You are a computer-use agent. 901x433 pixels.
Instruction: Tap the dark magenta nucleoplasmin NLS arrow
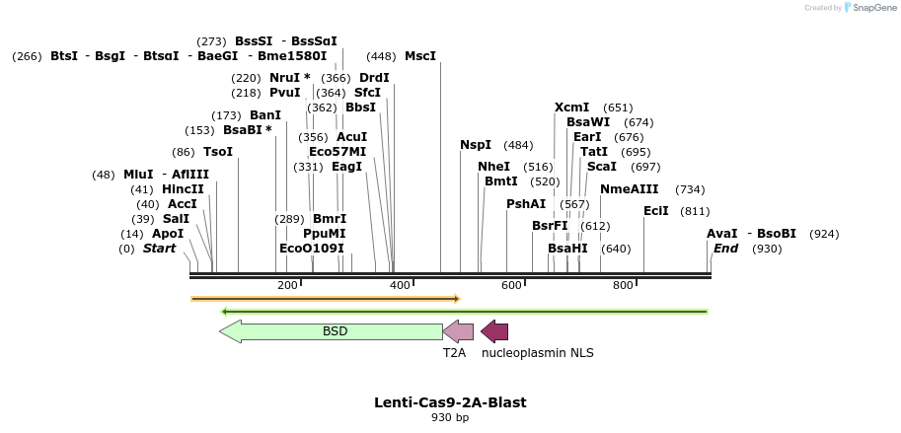click(x=494, y=331)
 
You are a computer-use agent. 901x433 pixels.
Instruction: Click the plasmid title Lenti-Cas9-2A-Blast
click(x=450, y=402)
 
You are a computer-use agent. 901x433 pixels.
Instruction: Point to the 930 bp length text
click(x=450, y=418)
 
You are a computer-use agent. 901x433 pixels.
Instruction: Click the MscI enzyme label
click(x=419, y=56)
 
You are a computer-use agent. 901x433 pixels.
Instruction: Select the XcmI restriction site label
click(x=571, y=108)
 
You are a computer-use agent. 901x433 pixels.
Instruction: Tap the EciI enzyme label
click(x=656, y=211)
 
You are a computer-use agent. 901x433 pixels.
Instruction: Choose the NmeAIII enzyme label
click(x=626, y=189)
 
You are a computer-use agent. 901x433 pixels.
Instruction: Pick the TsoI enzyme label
click(x=218, y=152)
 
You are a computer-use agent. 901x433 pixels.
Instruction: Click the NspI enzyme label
click(x=476, y=145)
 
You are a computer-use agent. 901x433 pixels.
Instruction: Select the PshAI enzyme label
click(x=526, y=204)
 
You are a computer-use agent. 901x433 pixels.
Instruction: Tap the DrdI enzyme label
click(x=374, y=78)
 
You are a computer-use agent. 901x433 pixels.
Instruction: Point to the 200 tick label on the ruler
click(x=287, y=286)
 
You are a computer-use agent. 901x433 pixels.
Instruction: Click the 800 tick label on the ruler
click(x=623, y=286)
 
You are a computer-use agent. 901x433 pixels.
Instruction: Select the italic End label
click(x=726, y=249)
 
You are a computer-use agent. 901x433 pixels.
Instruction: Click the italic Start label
click(x=159, y=249)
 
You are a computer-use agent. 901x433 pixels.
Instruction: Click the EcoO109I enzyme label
click(x=312, y=249)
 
